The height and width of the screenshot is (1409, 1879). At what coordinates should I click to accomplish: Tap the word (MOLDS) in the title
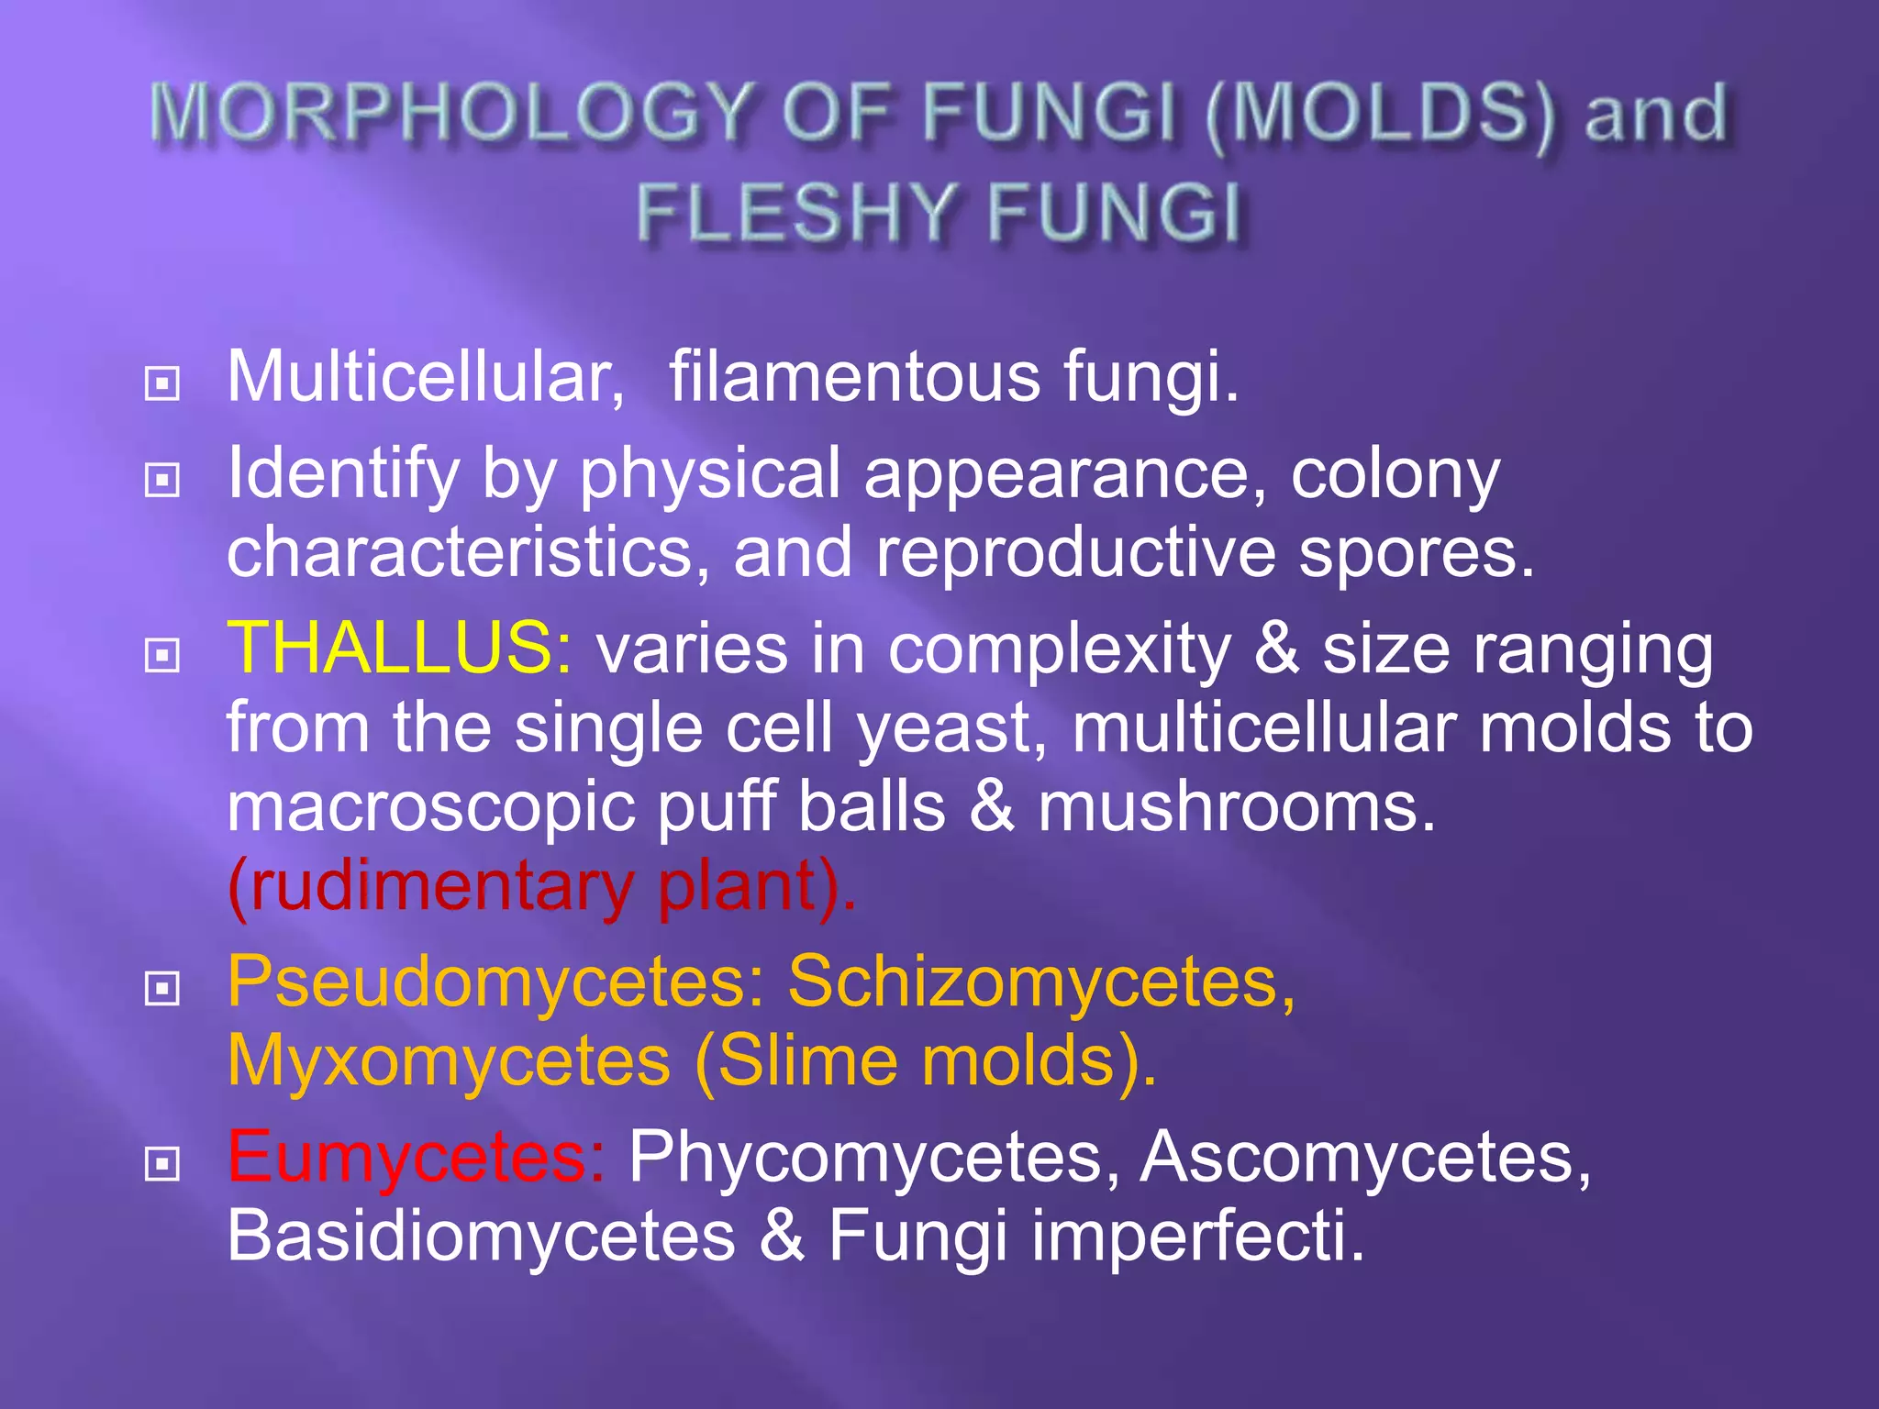click(1380, 116)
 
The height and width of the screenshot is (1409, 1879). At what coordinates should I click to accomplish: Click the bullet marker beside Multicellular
click(162, 383)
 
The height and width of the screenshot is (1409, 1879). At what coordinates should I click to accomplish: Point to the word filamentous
click(854, 376)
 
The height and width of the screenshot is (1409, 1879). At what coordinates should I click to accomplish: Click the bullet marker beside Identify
click(162, 479)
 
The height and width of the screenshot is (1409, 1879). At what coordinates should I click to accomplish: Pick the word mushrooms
click(1236, 807)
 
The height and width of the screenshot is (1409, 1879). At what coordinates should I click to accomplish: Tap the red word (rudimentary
click(431, 886)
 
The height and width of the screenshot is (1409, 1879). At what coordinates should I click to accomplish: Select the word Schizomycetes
click(1041, 982)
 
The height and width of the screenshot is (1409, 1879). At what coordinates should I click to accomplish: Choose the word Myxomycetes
click(449, 1060)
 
